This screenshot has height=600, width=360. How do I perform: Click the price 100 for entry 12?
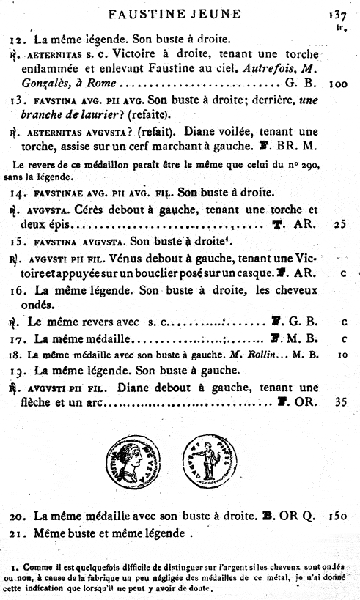click(338, 84)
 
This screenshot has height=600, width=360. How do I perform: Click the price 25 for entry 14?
click(339, 225)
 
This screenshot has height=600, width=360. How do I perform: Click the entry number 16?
click(20, 290)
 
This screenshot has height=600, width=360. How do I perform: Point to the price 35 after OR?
click(339, 402)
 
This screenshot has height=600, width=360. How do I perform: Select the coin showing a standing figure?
click(207, 459)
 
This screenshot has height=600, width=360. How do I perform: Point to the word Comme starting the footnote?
click(36, 567)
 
